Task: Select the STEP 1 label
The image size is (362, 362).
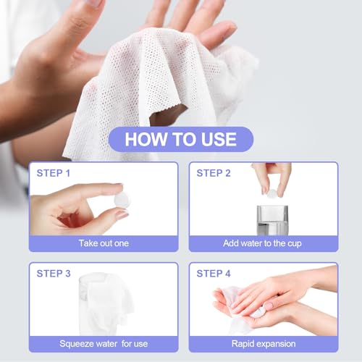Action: (x=53, y=173)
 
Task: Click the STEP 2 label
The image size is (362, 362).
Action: (x=214, y=173)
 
